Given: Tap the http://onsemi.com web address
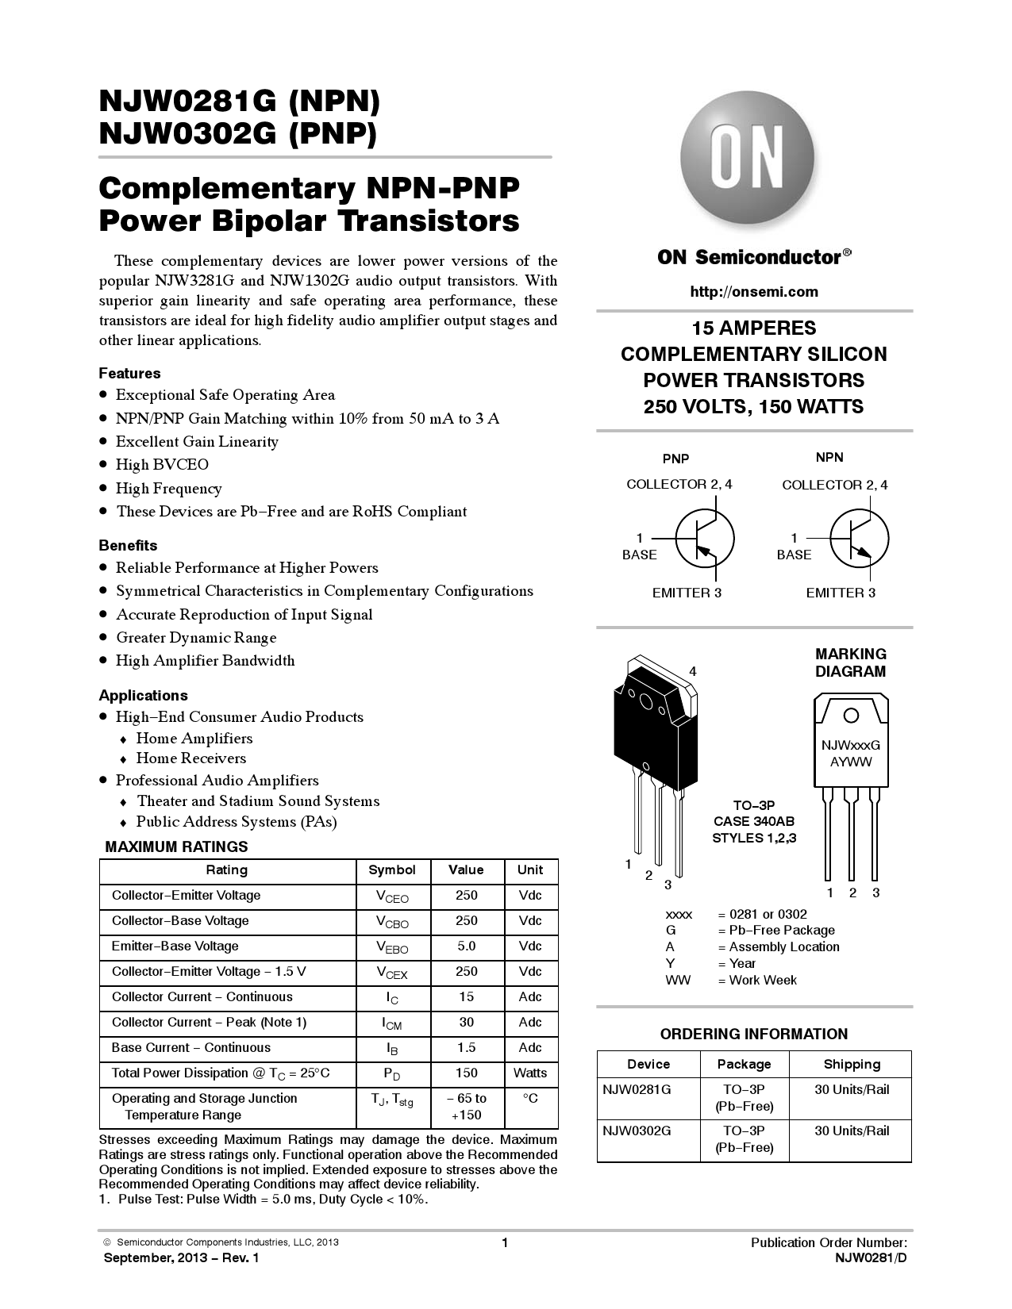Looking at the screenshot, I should (x=754, y=292).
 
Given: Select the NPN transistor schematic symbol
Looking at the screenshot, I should (x=859, y=537).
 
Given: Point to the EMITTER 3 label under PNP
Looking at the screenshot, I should (x=687, y=593).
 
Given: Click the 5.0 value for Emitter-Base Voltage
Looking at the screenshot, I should (x=467, y=946).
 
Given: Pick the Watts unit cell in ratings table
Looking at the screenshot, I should (x=530, y=1073).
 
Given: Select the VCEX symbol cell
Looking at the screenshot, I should (x=392, y=973).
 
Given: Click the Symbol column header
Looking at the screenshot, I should (x=392, y=870).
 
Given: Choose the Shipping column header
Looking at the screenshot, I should (x=852, y=1065).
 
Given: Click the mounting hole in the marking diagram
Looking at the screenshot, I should (x=851, y=716).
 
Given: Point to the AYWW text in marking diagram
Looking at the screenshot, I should (x=851, y=762).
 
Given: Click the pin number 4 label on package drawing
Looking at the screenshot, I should (x=693, y=671).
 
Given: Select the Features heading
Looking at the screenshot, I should (x=129, y=374).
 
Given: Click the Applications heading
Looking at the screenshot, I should (x=143, y=696).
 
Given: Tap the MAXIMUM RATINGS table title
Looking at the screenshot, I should (x=176, y=846).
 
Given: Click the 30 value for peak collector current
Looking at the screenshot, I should (x=467, y=1023).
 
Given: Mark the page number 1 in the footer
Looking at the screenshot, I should (x=505, y=1243).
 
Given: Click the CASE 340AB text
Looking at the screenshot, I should (x=753, y=822).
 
